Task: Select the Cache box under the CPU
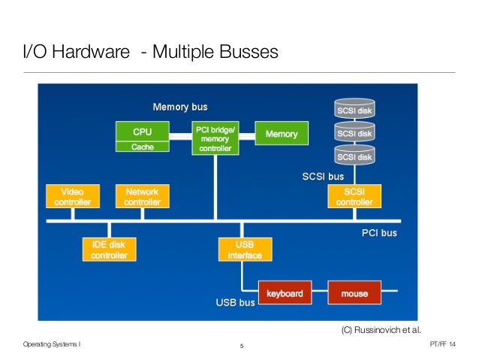[x=142, y=147]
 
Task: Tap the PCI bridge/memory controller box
[x=215, y=139]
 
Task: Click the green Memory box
[x=282, y=134]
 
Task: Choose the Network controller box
[x=142, y=196]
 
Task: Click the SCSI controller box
[x=354, y=196]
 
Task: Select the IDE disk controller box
[x=109, y=250]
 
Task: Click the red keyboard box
[x=286, y=293]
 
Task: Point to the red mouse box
[x=354, y=293]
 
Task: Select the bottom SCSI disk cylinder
[x=354, y=156]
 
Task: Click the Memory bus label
[x=180, y=107]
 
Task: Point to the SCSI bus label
[x=322, y=177]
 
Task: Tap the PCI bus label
[x=379, y=233]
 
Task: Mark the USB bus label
[x=236, y=303]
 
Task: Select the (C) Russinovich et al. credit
[x=381, y=329]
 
